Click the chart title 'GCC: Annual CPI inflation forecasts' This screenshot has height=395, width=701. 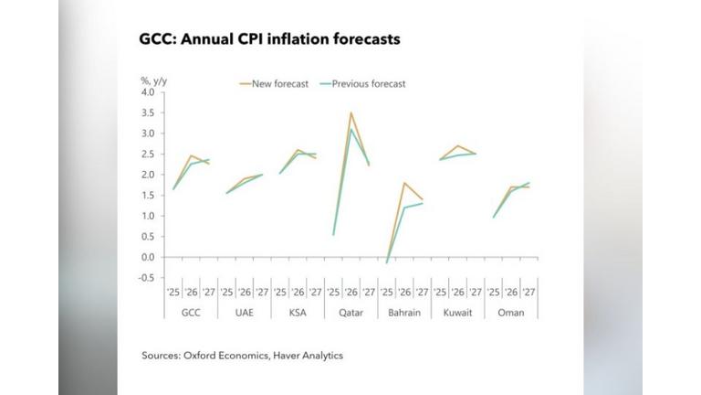[269, 40]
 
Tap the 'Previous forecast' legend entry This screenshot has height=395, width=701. [368, 83]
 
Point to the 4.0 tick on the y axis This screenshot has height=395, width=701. [148, 92]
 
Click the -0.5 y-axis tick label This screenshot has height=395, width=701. [146, 277]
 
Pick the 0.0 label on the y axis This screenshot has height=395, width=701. [148, 257]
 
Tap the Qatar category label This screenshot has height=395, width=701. [350, 312]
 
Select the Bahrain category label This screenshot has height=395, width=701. [403, 312]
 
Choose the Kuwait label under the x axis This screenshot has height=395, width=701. [457, 312]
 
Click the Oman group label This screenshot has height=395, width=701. [510, 312]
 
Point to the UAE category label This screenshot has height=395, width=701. [244, 312]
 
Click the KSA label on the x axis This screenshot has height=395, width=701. [297, 312]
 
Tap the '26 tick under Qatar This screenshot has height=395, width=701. [350, 294]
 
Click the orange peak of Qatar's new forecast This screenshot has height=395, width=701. [350, 112]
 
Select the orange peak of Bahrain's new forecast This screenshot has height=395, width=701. [403, 183]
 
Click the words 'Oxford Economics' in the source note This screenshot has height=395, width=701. [224, 355]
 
